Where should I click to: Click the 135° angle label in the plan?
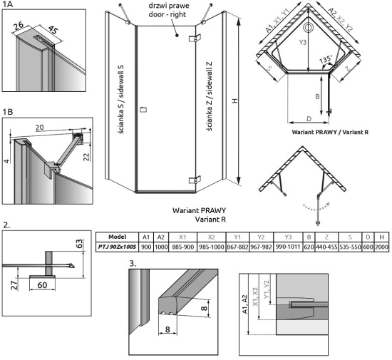(x=325, y=60)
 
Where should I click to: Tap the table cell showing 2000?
(x=381, y=247)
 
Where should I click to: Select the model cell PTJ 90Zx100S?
(x=117, y=247)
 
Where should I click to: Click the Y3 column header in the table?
(x=288, y=237)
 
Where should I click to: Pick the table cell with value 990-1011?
(x=288, y=247)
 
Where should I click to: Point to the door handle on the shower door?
(x=143, y=109)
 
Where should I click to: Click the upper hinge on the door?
(x=195, y=38)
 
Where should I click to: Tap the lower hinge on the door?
(x=195, y=180)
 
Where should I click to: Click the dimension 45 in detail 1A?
(x=53, y=30)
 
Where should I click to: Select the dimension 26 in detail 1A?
(x=19, y=26)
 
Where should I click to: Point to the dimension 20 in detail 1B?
(x=39, y=128)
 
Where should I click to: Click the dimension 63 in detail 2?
(x=78, y=244)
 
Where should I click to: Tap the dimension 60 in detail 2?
(x=42, y=285)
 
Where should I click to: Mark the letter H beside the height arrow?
(x=235, y=101)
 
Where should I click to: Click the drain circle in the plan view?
(x=308, y=27)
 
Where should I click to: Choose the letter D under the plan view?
(x=309, y=118)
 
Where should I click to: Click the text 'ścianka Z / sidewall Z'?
(x=209, y=96)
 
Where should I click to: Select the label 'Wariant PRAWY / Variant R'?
(x=330, y=132)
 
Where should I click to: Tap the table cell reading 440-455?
(x=326, y=247)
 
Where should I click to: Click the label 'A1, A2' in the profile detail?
(x=244, y=304)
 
